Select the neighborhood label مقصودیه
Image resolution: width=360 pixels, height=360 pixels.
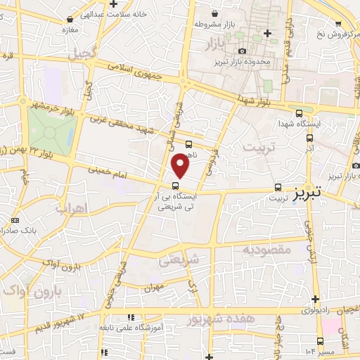266,250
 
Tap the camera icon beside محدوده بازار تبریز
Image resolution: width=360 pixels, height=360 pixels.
243,51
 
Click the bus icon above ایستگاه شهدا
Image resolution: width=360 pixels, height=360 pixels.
300,112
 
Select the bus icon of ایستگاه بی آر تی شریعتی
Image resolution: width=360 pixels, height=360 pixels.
175,187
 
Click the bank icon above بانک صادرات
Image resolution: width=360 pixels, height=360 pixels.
15,221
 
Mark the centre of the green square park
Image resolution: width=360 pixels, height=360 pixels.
51,131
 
